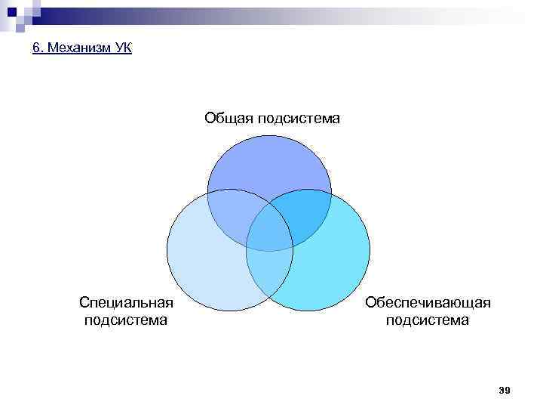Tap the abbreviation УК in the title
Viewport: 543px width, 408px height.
(123, 49)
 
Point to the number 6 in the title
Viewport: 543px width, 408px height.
(37, 49)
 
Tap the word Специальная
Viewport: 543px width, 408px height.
(127, 303)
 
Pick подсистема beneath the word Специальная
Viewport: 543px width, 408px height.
(126, 320)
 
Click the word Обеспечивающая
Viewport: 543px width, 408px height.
(428, 303)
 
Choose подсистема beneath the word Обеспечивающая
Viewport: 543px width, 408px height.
(428, 320)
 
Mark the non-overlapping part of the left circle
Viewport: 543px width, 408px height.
(204, 264)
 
